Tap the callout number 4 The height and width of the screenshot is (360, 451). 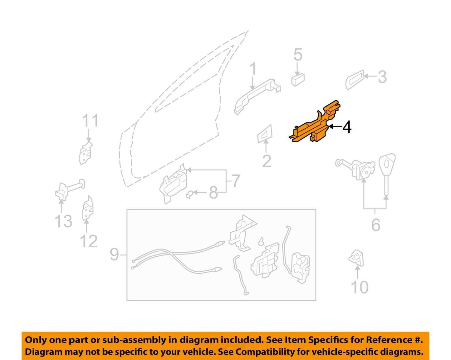[x=347, y=128]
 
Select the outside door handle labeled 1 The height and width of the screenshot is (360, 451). [x=257, y=97]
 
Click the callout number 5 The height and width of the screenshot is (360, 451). [x=298, y=55]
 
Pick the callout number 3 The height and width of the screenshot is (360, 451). [x=382, y=77]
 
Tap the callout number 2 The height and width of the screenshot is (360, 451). [x=267, y=161]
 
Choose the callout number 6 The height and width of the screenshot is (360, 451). [x=376, y=225]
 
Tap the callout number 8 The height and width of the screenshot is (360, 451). [x=213, y=193]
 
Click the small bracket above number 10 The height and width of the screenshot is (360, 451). [x=356, y=258]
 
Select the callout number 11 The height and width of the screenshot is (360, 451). [x=90, y=121]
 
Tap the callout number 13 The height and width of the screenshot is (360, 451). [x=63, y=221]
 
